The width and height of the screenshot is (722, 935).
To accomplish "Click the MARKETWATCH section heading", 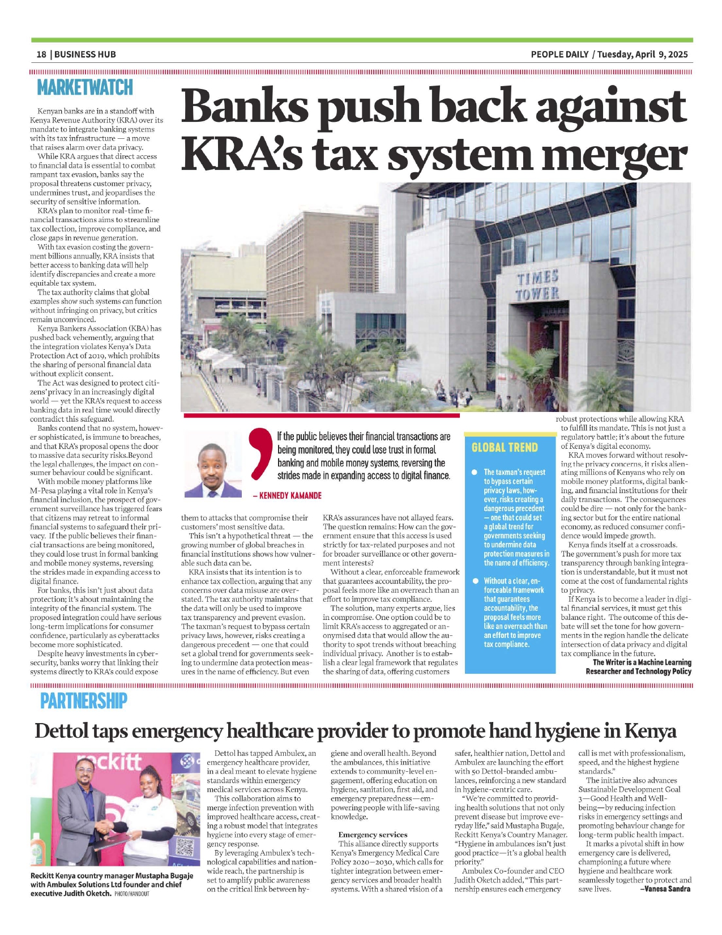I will [85, 88].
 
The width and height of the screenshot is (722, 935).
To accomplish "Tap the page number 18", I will [41, 54].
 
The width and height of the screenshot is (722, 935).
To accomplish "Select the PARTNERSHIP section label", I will [84, 701].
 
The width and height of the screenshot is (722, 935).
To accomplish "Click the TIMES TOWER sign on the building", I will [537, 285].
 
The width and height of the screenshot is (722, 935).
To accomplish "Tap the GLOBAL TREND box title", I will [505, 448].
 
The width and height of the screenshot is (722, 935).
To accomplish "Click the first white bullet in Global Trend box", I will [474, 472].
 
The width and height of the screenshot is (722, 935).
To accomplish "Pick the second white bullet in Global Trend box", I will [474, 581].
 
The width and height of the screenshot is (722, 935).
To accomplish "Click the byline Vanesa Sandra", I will [665, 889].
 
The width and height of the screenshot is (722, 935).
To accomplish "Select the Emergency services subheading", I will [373, 835].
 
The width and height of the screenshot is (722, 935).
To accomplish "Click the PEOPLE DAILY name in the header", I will [559, 54].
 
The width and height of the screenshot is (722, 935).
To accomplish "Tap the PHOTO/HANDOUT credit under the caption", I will [132, 894].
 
